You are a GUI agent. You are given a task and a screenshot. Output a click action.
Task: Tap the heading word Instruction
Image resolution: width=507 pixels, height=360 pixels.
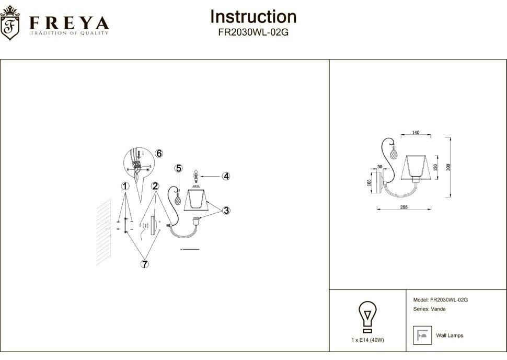(253, 17)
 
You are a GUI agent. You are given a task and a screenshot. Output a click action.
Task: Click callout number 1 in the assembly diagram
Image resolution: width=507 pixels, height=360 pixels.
(124, 186)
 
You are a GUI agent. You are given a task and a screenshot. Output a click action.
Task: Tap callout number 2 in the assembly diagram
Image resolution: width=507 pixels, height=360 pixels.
(155, 186)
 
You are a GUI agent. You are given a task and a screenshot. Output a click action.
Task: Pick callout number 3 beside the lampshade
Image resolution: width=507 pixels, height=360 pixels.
(226, 211)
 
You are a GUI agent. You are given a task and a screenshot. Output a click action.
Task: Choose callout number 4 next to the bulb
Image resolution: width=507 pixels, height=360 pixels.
(225, 176)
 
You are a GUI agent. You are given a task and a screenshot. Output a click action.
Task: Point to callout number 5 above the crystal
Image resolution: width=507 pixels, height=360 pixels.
(179, 168)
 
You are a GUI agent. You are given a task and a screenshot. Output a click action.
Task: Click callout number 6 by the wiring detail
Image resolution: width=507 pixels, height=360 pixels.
(159, 153)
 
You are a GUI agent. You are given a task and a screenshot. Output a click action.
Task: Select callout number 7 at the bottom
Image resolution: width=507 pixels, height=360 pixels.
(144, 264)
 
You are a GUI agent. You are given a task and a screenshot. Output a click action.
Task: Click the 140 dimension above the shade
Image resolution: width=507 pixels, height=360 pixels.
(416, 133)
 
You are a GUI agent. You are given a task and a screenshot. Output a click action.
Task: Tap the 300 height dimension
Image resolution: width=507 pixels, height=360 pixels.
(448, 167)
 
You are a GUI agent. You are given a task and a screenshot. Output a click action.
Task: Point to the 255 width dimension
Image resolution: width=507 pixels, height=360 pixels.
(405, 207)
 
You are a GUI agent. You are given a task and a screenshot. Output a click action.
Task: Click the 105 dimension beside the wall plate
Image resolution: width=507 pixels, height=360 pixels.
(369, 182)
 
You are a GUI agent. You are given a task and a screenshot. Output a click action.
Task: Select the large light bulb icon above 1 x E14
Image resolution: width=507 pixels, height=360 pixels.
(367, 316)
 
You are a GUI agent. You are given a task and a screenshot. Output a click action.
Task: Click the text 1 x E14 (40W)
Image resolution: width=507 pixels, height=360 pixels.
(368, 340)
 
